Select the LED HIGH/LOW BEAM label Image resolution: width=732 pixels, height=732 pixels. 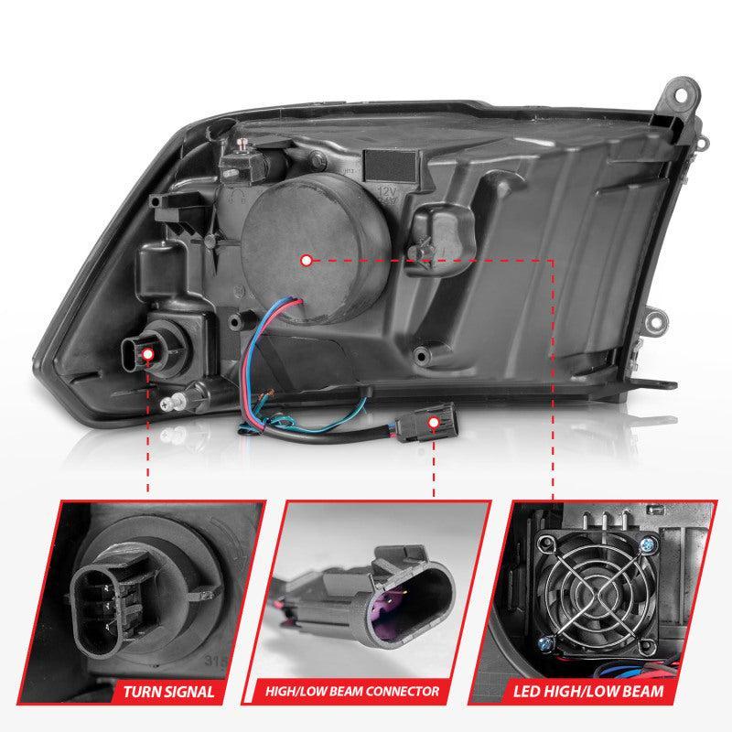point(600,690)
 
